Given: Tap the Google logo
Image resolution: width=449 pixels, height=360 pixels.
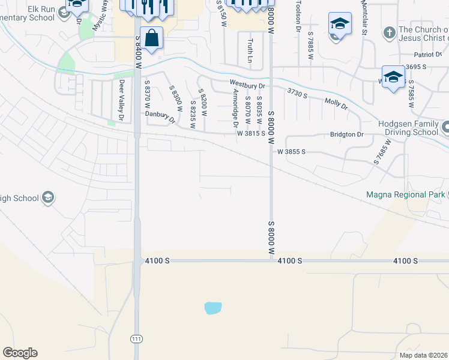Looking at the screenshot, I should click(20, 353).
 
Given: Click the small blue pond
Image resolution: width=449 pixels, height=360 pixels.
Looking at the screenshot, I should click(213, 308).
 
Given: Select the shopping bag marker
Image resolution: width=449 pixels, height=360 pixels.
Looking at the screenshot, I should click(152, 38).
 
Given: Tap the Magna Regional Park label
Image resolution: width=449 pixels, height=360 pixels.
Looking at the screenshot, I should click(405, 195).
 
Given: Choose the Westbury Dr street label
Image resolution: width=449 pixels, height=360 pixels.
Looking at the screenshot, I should click(247, 85).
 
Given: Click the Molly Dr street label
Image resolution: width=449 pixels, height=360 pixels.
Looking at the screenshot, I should click(336, 104).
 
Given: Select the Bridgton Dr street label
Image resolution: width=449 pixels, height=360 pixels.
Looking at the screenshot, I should click(347, 134).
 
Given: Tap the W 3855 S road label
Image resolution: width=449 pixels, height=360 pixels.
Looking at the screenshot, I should click(292, 152).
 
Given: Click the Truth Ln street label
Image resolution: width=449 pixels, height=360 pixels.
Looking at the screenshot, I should click(250, 51).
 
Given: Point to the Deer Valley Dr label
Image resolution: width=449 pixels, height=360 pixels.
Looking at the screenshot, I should click(121, 101).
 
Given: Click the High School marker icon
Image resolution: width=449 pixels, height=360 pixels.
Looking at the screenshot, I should click(48, 197).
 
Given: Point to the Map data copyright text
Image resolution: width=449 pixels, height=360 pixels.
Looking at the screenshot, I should click(423, 355).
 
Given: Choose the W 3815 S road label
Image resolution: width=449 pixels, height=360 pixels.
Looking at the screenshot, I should click(251, 134).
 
